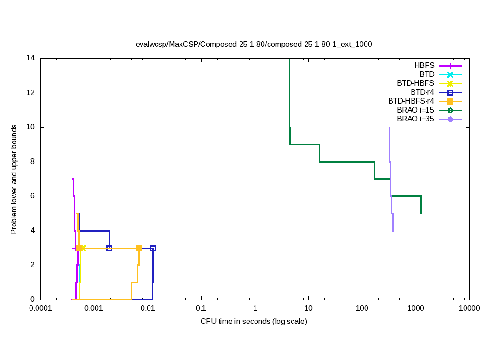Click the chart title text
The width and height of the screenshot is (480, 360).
pyautogui.click(x=254, y=45)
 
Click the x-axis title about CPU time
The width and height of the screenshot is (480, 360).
pyautogui.click(x=254, y=321)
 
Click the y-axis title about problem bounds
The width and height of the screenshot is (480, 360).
pyautogui.click(x=15, y=180)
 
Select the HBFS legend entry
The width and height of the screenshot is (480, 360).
pyautogui.click(x=424, y=66)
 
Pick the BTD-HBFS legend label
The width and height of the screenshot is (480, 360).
pyautogui.click(x=415, y=83)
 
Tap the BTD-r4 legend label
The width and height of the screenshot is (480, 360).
pyautogui.click(x=422, y=92)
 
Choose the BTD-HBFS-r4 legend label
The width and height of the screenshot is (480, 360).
pyautogui.click(x=411, y=101)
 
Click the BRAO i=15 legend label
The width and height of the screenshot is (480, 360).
pyautogui.click(x=415, y=110)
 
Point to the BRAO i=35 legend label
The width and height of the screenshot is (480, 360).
pyautogui.click(x=415, y=119)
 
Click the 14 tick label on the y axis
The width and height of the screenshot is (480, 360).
pyautogui.click(x=31, y=59)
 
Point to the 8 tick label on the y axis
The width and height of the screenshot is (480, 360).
pyautogui.click(x=33, y=162)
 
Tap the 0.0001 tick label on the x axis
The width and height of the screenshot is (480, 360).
pyautogui.click(x=40, y=308)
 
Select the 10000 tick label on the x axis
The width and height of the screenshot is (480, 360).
pyautogui.click(x=469, y=308)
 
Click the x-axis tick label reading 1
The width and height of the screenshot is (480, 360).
pyautogui.click(x=255, y=308)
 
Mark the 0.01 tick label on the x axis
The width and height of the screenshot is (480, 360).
pyautogui.click(x=148, y=308)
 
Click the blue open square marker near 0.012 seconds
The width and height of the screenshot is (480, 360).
pyautogui.click(x=153, y=248)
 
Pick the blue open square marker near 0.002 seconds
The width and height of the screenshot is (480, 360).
pyautogui.click(x=109, y=248)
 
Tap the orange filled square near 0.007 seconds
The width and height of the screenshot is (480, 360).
pyautogui.click(x=139, y=248)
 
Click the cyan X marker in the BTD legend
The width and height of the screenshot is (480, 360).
pyautogui.click(x=450, y=75)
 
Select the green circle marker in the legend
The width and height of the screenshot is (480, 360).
pyautogui.click(x=450, y=110)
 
